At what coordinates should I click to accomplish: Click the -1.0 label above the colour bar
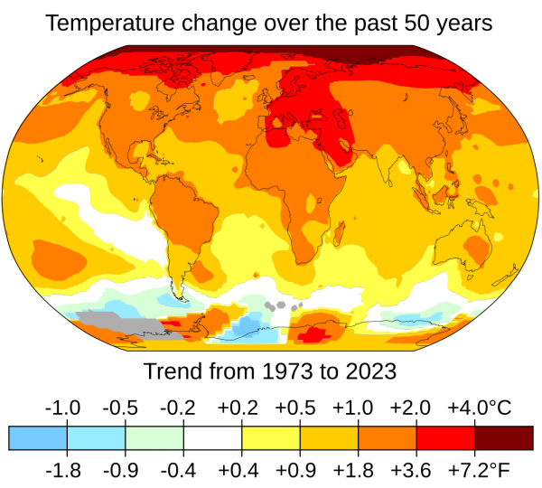[67, 407]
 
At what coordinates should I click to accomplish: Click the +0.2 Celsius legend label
[242, 407]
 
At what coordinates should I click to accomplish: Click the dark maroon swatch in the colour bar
[503, 437]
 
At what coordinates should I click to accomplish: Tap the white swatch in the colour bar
[213, 437]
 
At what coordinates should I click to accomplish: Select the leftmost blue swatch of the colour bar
[38, 437]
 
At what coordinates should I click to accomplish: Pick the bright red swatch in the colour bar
[445, 437]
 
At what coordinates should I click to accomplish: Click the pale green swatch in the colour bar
[154, 437]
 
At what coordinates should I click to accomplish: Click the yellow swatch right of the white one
[271, 437]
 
